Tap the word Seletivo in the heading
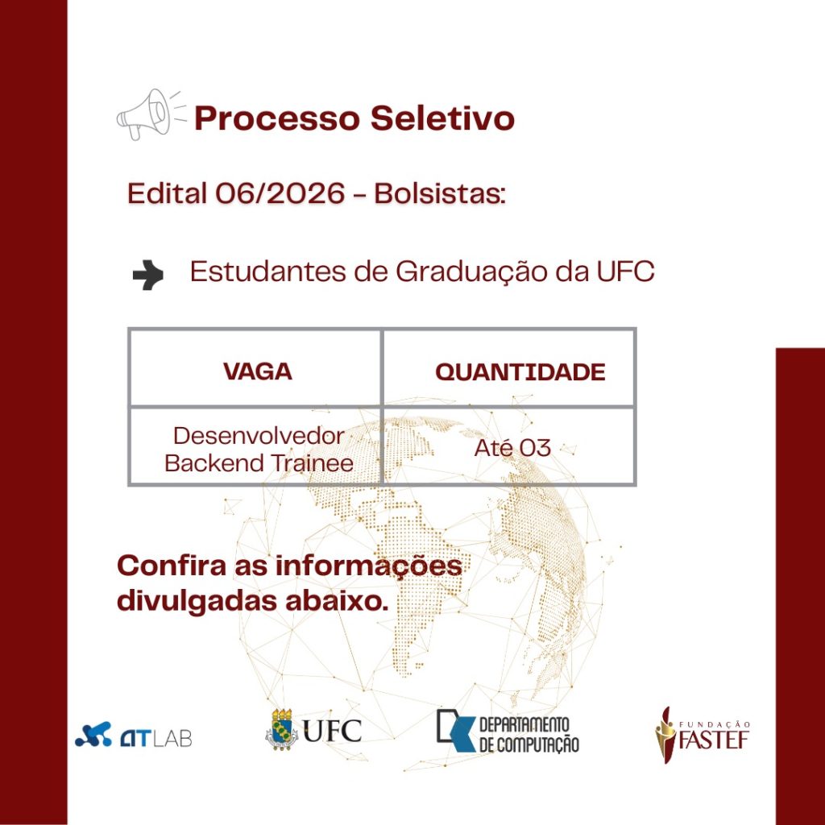point(442,118)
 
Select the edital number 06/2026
point(280,193)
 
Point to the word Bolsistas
point(440,193)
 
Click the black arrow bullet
point(148,275)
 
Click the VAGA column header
point(257,371)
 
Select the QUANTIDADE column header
point(520,372)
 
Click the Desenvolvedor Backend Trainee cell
point(259,450)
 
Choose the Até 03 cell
point(512,448)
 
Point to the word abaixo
point(337,601)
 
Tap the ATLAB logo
point(133,735)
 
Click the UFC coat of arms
point(281,729)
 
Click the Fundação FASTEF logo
point(703,735)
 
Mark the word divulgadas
point(197,601)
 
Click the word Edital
point(167,193)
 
